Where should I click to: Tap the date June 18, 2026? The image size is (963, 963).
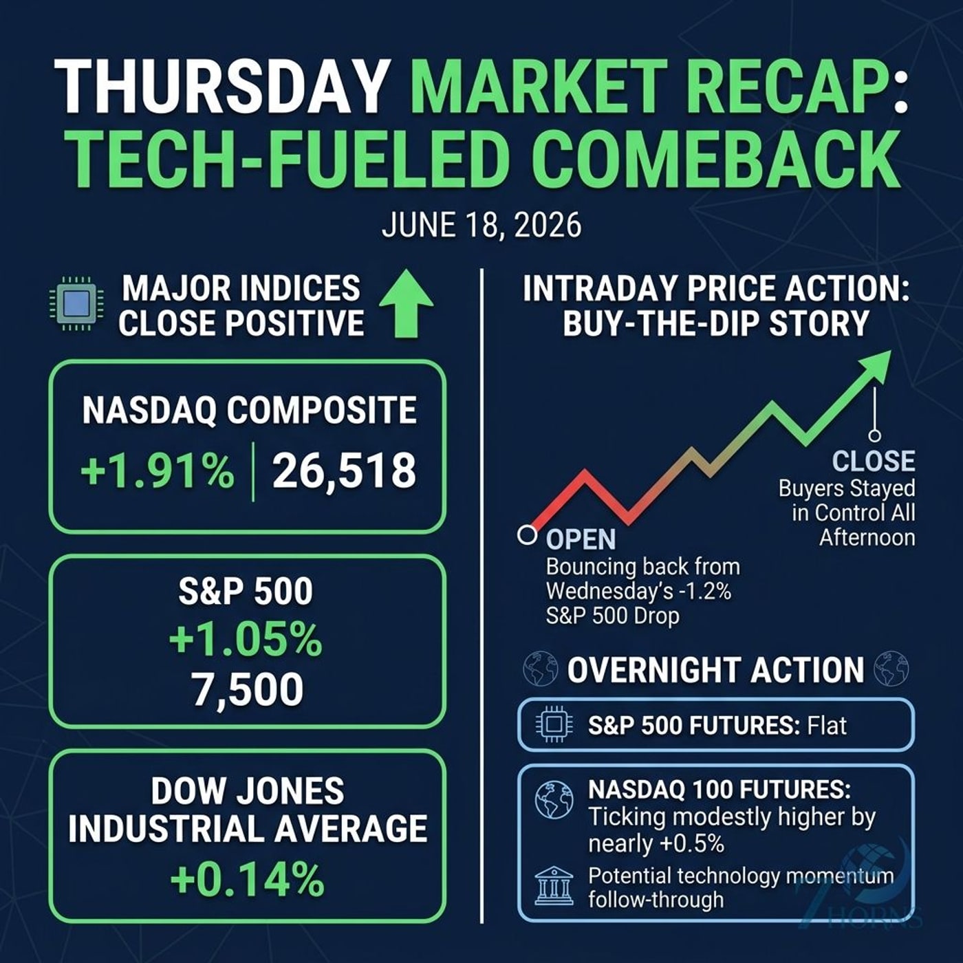tap(481, 226)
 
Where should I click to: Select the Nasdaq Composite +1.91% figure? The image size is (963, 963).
tap(157, 471)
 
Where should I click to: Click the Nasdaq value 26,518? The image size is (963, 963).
tap(345, 471)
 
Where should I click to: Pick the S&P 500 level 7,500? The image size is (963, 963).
tap(248, 690)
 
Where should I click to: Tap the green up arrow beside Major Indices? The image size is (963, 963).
tap(407, 303)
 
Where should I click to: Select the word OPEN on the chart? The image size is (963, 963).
tap(581, 539)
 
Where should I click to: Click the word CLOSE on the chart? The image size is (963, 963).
tap(874, 462)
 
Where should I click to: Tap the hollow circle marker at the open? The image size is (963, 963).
tap(526, 534)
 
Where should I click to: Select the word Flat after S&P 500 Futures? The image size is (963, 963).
tap(827, 725)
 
